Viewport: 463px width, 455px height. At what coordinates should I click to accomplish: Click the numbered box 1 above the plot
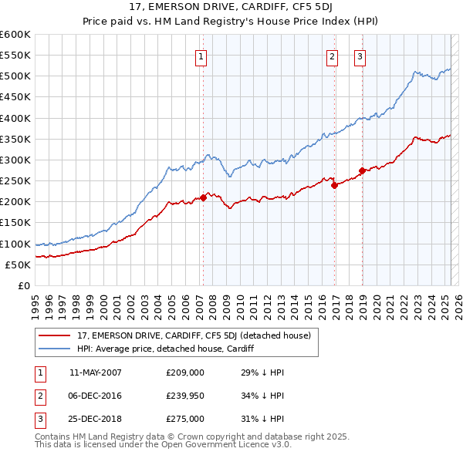[201, 56]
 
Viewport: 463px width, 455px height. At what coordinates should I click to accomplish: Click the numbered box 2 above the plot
[332, 56]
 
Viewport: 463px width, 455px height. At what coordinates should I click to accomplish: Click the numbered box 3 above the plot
[360, 56]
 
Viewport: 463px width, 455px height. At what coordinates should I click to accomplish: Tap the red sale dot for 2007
[203, 197]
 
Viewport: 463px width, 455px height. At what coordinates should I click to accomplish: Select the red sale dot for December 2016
[334, 185]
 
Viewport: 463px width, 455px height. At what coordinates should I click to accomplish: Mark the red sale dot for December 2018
[362, 170]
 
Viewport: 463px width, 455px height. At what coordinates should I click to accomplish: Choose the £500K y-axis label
[16, 76]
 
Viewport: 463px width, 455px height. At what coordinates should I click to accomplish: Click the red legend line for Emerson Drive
[56, 335]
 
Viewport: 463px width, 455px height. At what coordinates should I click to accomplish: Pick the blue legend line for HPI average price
[56, 349]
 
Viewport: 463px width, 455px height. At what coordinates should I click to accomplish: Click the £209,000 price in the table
[185, 372]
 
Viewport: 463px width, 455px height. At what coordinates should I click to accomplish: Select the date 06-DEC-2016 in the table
[96, 396]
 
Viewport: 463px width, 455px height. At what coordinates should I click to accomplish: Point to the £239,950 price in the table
[185, 396]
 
